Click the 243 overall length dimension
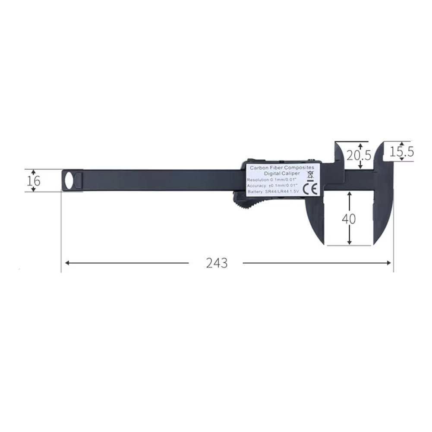[216, 263]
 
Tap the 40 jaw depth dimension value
[349, 219]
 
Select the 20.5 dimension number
[359, 155]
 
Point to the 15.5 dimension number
[401, 151]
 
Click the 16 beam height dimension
[34, 180]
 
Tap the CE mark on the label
[310, 189]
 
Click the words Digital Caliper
[282, 173]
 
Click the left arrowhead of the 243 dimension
[66, 263]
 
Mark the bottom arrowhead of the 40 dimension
[349, 242]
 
